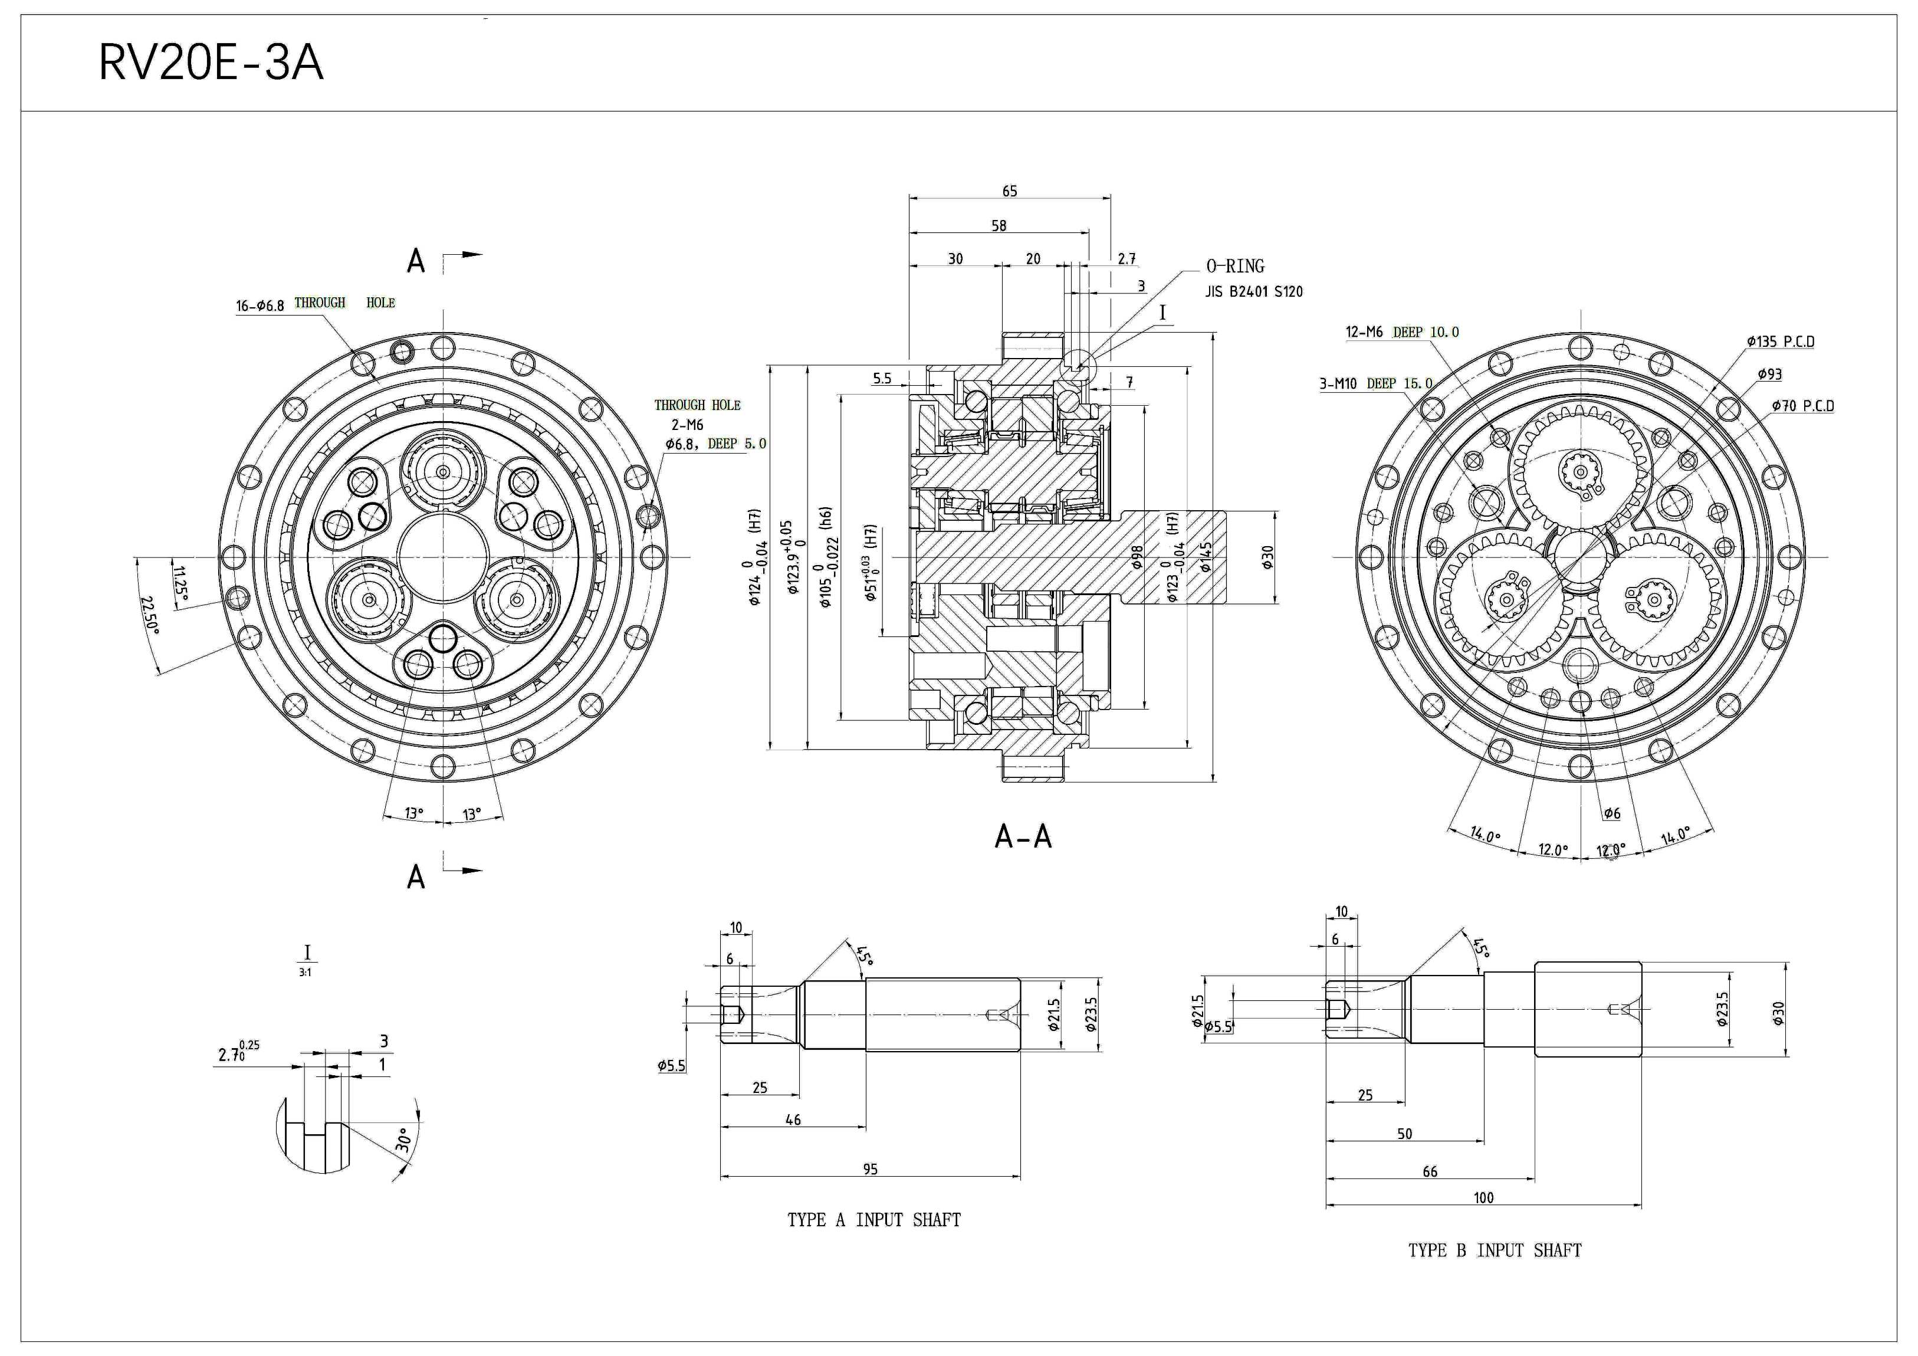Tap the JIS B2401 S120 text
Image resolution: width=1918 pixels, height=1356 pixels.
1253,291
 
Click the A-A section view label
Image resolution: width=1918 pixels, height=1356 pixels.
1023,836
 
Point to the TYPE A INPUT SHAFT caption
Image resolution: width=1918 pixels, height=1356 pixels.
874,1220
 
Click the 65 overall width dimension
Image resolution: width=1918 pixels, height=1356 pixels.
1009,191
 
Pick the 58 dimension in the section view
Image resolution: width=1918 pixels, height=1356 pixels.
999,225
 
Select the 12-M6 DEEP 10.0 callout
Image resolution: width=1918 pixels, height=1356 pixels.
1402,331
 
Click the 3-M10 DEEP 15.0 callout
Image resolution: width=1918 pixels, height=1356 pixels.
1375,383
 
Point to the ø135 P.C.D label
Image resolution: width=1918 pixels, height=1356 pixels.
1780,342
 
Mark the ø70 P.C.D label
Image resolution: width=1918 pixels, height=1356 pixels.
1803,406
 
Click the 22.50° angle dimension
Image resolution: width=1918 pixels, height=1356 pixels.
150,614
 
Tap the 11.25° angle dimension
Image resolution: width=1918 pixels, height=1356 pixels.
180,583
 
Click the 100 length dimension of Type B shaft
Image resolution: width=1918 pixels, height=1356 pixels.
1483,1198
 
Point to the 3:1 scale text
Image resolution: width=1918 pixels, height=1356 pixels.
306,973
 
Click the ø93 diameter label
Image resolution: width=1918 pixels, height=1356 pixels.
1769,375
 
